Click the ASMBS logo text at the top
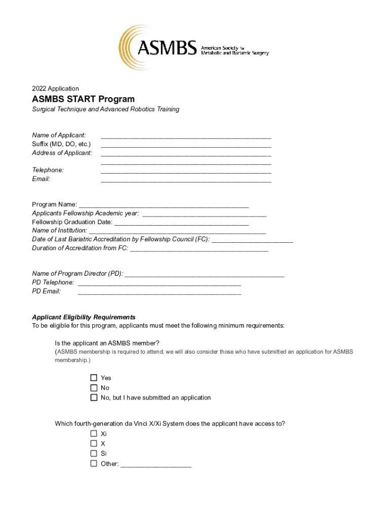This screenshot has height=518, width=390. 167,49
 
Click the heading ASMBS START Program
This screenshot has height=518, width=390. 83,99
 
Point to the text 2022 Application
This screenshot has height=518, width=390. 55,89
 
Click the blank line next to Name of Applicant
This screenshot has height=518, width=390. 186,136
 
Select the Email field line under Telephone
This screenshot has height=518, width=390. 186,180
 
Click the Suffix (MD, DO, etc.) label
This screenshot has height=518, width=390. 61,144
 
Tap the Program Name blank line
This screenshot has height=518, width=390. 164,205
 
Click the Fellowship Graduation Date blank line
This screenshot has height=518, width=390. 181,223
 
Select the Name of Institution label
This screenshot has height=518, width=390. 59,231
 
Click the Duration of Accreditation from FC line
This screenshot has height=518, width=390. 199,249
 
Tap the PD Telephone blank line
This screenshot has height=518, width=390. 159,283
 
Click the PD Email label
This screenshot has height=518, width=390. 46,291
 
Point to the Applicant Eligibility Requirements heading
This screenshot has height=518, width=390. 84,317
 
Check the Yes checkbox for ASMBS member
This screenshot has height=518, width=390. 94,378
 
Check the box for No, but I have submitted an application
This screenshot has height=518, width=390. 94,398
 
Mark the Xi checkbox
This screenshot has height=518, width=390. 94,434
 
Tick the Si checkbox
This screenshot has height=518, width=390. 94,454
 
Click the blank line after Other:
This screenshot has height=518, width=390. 156,464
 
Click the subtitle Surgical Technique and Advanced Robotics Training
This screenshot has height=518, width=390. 105,109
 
